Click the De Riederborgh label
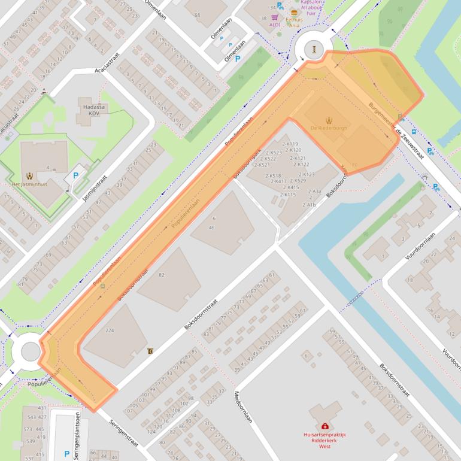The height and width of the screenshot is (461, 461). (329, 129)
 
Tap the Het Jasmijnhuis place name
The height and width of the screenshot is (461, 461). (29, 184)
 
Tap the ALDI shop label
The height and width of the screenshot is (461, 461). (275, 25)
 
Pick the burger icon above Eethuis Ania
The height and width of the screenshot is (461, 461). (294, 11)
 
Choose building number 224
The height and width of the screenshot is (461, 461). (109, 330)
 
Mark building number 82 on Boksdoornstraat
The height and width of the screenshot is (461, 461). (162, 275)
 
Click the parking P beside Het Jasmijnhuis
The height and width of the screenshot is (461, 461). (75, 176)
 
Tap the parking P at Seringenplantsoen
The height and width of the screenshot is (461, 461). (67, 454)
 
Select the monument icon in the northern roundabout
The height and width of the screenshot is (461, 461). (314, 48)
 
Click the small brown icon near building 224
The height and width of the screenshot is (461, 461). (150, 351)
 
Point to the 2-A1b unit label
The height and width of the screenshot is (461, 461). (309, 205)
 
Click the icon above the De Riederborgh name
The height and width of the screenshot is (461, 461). (329, 120)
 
